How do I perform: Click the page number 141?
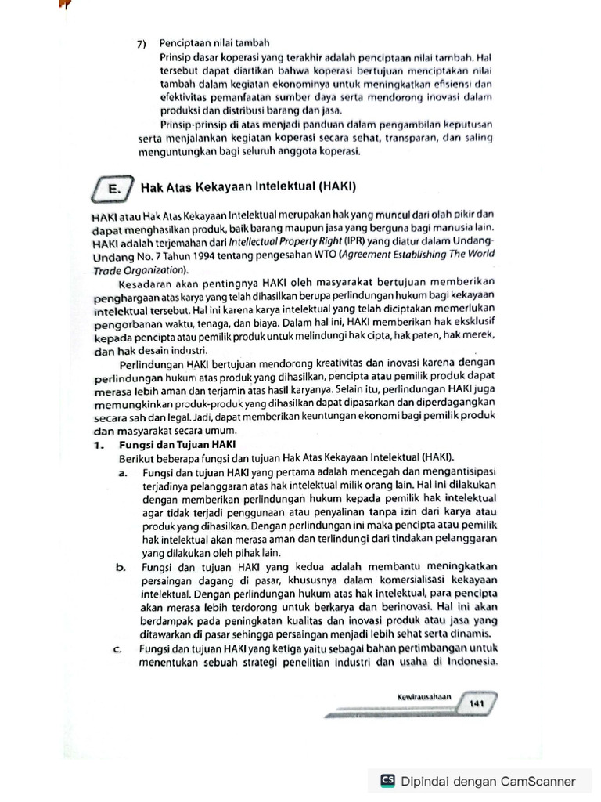(477, 703)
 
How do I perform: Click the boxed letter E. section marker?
(114, 188)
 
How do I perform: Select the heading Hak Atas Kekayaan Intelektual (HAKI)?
(248, 187)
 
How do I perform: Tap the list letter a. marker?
(123, 472)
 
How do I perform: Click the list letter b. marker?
(123, 566)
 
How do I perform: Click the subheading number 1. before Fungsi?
(98, 444)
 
